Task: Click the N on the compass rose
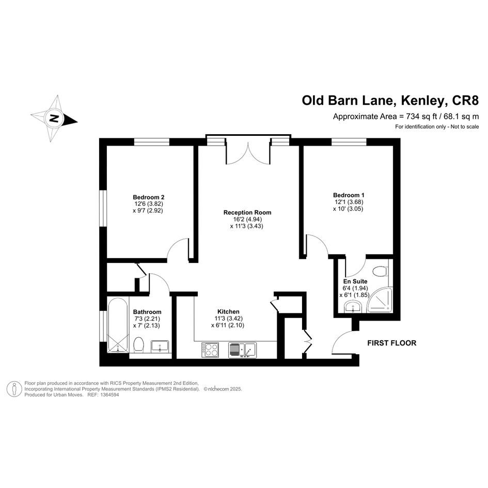pos(54,119)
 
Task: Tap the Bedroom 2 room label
pos(148,197)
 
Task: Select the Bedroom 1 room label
pos(349,195)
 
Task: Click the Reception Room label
pos(247,213)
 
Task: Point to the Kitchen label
pos(228,311)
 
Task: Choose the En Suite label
pos(355,281)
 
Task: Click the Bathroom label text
pos(147,312)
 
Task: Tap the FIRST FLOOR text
pos(391,343)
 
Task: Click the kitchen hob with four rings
pos(210,350)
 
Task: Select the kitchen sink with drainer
pos(242,350)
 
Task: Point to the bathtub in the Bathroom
pos(118,325)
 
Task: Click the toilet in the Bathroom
pos(138,345)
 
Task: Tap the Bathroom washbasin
pos(160,347)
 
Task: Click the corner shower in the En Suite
pos(380,300)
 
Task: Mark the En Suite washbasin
pos(353,306)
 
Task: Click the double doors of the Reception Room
pos(248,153)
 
